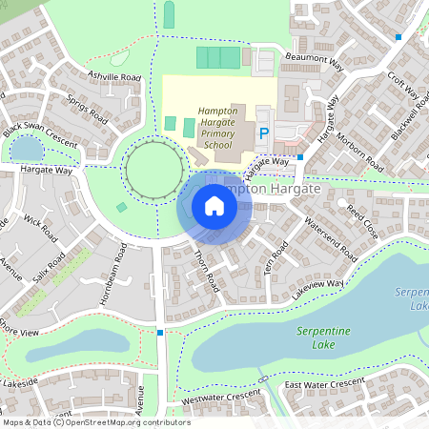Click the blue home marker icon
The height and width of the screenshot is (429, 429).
click(214, 206)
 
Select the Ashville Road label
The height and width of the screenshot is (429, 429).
click(112, 76)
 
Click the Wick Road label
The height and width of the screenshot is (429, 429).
click(41, 228)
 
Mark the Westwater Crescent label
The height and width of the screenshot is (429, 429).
click(220, 398)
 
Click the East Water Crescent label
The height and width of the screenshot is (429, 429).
click(324, 382)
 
